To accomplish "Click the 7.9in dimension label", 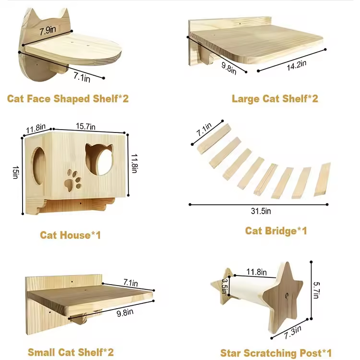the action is (48, 30).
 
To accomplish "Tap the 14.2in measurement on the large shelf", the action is (297, 65).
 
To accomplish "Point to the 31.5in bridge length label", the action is (261, 211).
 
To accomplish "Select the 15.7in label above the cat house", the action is (85, 126).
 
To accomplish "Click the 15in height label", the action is (15, 172).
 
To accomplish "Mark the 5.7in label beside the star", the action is (316, 290).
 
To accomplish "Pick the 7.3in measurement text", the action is (293, 332).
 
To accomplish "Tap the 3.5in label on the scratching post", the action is (225, 287).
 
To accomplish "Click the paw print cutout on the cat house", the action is (72, 180).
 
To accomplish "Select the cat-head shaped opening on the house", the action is (99, 159).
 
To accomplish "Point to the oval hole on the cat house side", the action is (38, 166).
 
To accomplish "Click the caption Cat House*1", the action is (70, 235).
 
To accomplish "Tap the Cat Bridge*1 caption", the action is (276, 231).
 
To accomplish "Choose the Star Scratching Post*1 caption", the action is (276, 353).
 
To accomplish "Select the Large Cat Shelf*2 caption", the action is (275, 99).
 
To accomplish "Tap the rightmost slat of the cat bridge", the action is (323, 180).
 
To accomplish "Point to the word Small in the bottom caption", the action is (41, 352).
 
